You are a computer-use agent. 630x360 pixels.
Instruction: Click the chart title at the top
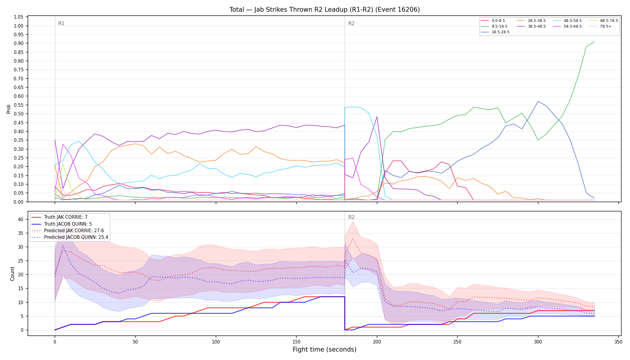[x=325, y=10]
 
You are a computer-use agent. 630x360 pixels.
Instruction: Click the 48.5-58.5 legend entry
[x=567, y=21]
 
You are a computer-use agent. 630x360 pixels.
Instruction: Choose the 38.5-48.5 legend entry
[x=531, y=26]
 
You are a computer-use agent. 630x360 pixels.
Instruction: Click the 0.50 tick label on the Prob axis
[x=19, y=114]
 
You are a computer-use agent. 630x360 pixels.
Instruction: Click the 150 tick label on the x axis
[x=296, y=342]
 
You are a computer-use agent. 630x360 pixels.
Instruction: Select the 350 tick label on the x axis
[x=618, y=342]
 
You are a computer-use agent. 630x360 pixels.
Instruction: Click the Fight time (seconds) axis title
[x=325, y=349]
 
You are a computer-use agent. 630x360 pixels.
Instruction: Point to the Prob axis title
[x=9, y=109]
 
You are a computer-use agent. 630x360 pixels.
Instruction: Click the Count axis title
[x=12, y=274]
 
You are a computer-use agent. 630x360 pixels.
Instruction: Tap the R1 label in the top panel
[x=61, y=23]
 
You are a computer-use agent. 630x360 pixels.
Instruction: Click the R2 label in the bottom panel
[x=351, y=217]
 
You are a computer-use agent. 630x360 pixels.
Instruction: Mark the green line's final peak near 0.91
[x=594, y=42]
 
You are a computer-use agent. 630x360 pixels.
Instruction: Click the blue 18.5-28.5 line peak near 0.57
[x=538, y=101]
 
